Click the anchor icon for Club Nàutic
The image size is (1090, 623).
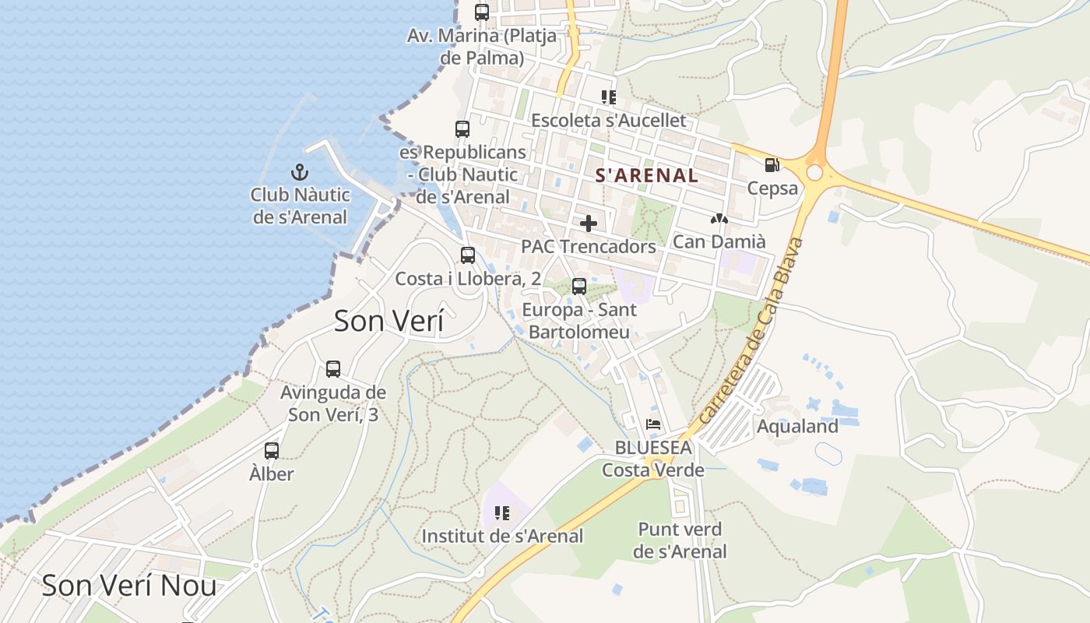point(299,172)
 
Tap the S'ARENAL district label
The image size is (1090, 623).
point(646,175)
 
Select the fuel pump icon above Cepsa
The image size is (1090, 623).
point(772,165)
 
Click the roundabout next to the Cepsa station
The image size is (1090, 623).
point(815,172)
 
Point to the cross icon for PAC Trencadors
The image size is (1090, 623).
point(589,224)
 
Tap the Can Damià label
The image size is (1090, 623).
point(719,241)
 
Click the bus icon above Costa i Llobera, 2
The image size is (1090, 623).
point(468,255)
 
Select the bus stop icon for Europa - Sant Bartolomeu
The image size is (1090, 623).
point(579,286)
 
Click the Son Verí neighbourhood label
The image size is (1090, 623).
point(389,321)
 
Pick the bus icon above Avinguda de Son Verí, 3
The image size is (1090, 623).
point(333,368)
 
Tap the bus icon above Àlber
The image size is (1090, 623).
point(272,450)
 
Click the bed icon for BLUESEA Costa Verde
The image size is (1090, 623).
point(653,425)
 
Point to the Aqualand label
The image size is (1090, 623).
point(797,426)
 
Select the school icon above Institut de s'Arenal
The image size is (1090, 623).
point(502,512)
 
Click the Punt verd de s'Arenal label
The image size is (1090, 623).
point(680,540)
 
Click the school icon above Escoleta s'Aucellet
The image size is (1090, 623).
point(609,97)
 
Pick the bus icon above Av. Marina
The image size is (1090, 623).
point(482,12)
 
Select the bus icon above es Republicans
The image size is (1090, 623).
point(462,128)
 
